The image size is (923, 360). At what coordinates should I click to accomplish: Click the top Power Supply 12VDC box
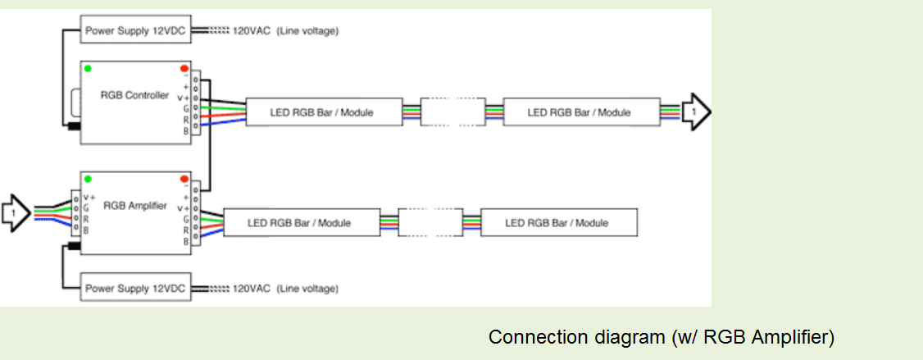point(136,31)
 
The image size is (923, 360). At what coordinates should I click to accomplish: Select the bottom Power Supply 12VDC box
point(136,288)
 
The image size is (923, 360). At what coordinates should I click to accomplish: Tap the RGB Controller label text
point(134,95)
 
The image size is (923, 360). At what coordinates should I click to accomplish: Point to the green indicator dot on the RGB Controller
point(88,68)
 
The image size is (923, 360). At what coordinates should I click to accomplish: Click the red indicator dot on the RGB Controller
point(184,68)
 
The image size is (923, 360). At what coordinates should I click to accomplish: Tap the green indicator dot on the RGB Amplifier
point(88,179)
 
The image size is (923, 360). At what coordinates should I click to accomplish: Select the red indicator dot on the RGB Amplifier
point(184,179)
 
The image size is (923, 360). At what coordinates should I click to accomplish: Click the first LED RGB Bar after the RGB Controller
point(321,112)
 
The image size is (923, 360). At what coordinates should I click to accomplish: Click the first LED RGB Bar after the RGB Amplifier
point(299,222)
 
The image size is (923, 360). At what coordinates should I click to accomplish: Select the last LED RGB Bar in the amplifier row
point(557,222)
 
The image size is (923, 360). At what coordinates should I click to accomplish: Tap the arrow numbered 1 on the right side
point(696,110)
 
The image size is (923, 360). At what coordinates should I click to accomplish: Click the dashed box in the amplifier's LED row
point(430,222)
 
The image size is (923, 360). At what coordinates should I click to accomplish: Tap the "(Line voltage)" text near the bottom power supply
point(307,289)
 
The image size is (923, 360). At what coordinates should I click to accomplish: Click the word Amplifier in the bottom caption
point(796,337)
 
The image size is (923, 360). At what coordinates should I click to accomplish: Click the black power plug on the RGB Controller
point(71,126)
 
